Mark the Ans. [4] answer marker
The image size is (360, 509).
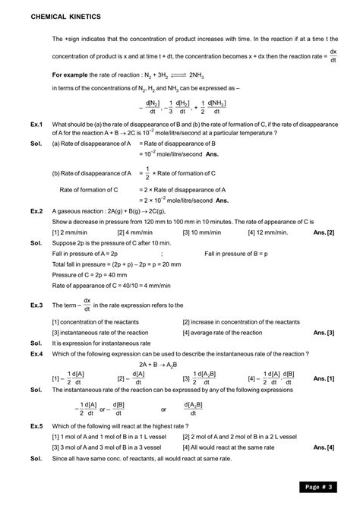tap(324, 447)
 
